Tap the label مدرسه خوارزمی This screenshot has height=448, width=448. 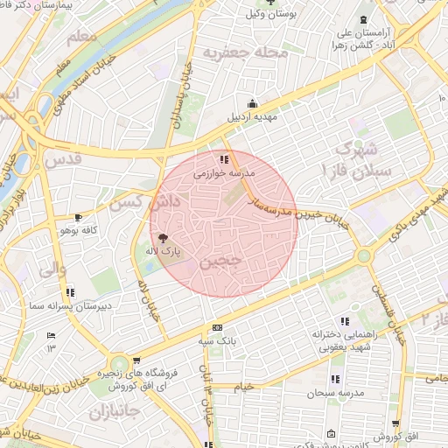point(223,173)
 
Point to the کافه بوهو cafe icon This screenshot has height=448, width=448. point(78,217)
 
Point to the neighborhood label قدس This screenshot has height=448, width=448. point(66,161)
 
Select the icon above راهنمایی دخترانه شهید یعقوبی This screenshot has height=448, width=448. point(344,320)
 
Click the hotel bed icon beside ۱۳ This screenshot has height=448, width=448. point(51,335)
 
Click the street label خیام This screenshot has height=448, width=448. point(242,385)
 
